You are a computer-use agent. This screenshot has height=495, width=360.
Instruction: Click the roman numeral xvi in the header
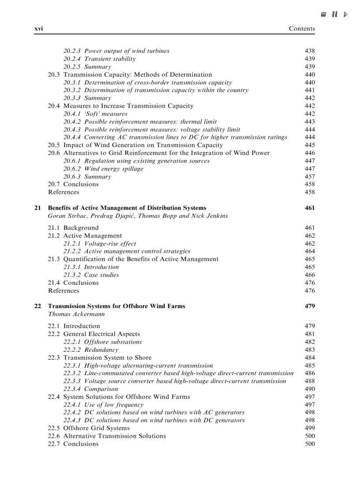pyautogui.click(x=38, y=29)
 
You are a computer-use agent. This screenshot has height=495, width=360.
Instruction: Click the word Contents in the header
pyautogui.click(x=302, y=29)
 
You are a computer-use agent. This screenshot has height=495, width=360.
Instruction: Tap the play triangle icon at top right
pyautogui.click(x=345, y=14)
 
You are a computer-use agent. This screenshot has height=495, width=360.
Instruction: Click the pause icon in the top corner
pyautogui.click(x=335, y=14)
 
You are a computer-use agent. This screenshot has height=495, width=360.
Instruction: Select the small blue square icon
pyautogui.click(x=323, y=14)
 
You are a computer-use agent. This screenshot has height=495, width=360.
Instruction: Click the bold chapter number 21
pyautogui.click(x=37, y=208)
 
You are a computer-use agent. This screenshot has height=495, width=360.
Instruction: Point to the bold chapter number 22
pyautogui.click(x=37, y=306)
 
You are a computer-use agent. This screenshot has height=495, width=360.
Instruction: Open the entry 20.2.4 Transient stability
pyautogui.click(x=99, y=59)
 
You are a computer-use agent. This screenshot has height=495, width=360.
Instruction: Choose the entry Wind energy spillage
pyautogui.click(x=113, y=169)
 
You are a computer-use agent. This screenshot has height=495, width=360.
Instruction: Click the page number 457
pyautogui.click(x=310, y=177)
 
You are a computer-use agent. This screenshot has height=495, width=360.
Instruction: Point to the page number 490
pyautogui.click(x=310, y=389)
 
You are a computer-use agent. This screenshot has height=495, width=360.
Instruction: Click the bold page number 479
pyautogui.click(x=310, y=306)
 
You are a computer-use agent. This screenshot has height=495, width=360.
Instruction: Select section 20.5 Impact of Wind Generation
pyautogui.click(x=135, y=145)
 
